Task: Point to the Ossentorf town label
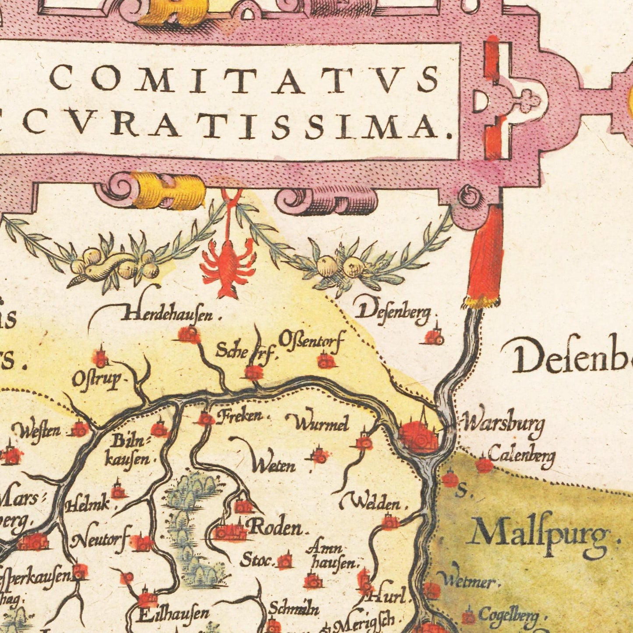point(311,341)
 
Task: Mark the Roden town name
point(276,527)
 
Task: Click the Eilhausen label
point(173,614)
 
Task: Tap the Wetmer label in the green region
point(468,581)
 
